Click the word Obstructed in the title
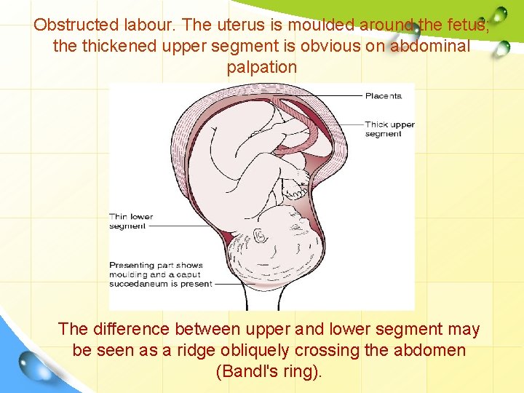click(x=70, y=25)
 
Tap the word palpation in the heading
click(x=262, y=68)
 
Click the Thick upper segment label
click(x=389, y=129)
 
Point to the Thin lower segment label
click(x=131, y=221)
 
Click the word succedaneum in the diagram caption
click(x=139, y=284)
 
